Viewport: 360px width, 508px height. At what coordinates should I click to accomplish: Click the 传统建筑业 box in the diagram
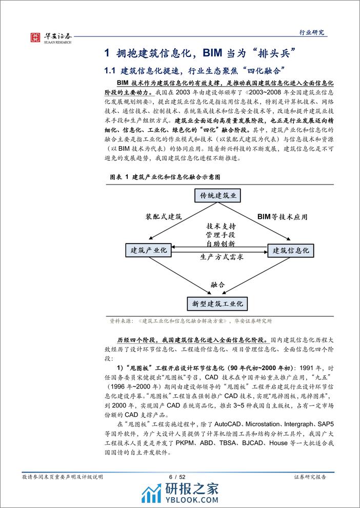[218, 196]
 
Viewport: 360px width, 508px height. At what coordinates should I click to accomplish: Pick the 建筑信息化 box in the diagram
[290, 251]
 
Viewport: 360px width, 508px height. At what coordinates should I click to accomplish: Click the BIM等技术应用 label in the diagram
[282, 217]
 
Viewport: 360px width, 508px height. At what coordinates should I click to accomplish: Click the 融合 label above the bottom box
[218, 284]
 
